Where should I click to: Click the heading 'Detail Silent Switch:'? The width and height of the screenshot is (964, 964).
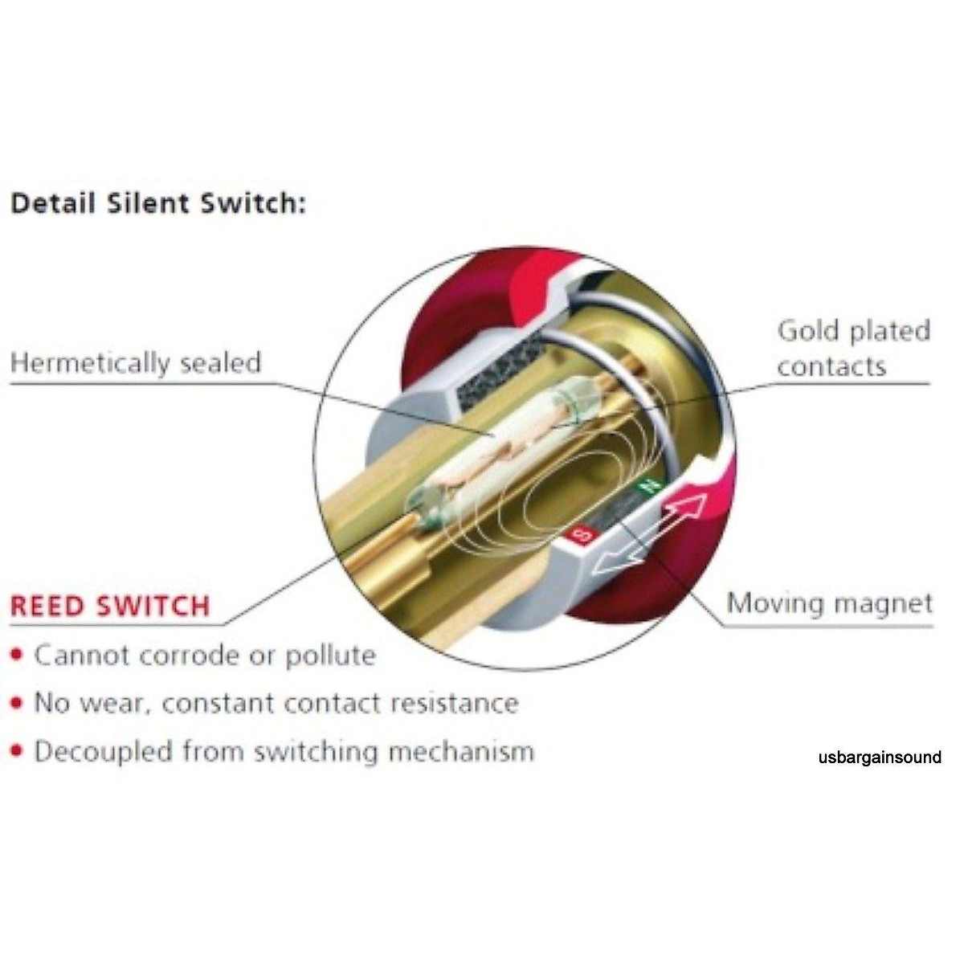click(157, 202)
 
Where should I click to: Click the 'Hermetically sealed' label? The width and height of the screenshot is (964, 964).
click(136, 362)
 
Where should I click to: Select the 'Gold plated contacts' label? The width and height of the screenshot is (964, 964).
click(853, 349)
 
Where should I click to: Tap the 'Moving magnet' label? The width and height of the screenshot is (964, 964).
click(830, 602)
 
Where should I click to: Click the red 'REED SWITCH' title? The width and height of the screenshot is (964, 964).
click(110, 605)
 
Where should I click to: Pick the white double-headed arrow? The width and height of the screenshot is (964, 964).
click(649, 534)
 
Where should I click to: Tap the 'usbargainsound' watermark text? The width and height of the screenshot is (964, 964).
click(880, 757)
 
